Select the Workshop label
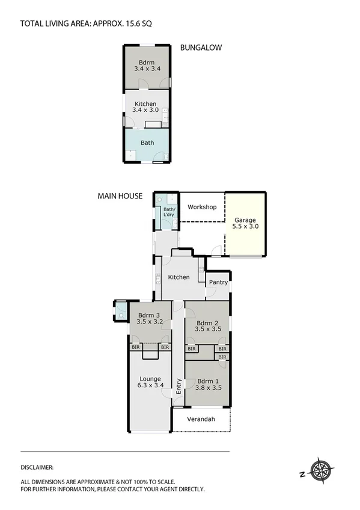(x=202, y=207)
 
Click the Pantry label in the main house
(x=217, y=281)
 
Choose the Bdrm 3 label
(x=150, y=319)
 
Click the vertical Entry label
(x=178, y=386)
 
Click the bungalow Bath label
(x=147, y=143)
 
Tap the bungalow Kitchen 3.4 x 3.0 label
(x=146, y=107)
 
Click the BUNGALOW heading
(x=201, y=48)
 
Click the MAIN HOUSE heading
(x=120, y=195)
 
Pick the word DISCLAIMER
(x=37, y=467)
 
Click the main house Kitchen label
(x=178, y=277)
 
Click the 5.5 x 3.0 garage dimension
(x=245, y=226)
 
